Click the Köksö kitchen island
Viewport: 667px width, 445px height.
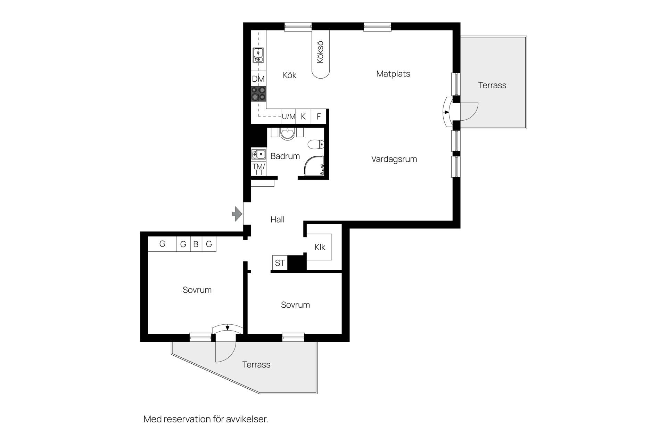click(x=320, y=54)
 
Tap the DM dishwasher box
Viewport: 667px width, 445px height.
click(x=258, y=79)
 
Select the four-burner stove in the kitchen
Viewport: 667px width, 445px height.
click(x=258, y=94)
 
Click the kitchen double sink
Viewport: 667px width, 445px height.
click(x=258, y=55)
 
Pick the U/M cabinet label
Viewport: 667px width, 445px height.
click(x=288, y=116)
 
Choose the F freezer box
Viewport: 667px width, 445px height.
click(x=319, y=116)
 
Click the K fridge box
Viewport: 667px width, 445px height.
click(x=303, y=116)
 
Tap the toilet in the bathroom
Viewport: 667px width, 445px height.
click(x=316, y=144)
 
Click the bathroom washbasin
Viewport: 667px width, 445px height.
click(x=287, y=134)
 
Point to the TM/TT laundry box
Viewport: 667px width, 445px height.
click(x=258, y=169)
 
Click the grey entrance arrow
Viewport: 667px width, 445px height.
click(x=237, y=214)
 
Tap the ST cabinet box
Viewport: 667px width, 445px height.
click(x=280, y=263)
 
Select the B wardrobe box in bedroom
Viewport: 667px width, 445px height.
click(x=196, y=244)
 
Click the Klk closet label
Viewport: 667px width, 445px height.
click(x=320, y=247)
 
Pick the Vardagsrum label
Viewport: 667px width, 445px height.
click(x=394, y=159)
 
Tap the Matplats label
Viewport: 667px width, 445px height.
click(x=393, y=74)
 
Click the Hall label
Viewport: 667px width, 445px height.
click(x=278, y=219)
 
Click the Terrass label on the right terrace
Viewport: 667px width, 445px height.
click(x=492, y=85)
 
